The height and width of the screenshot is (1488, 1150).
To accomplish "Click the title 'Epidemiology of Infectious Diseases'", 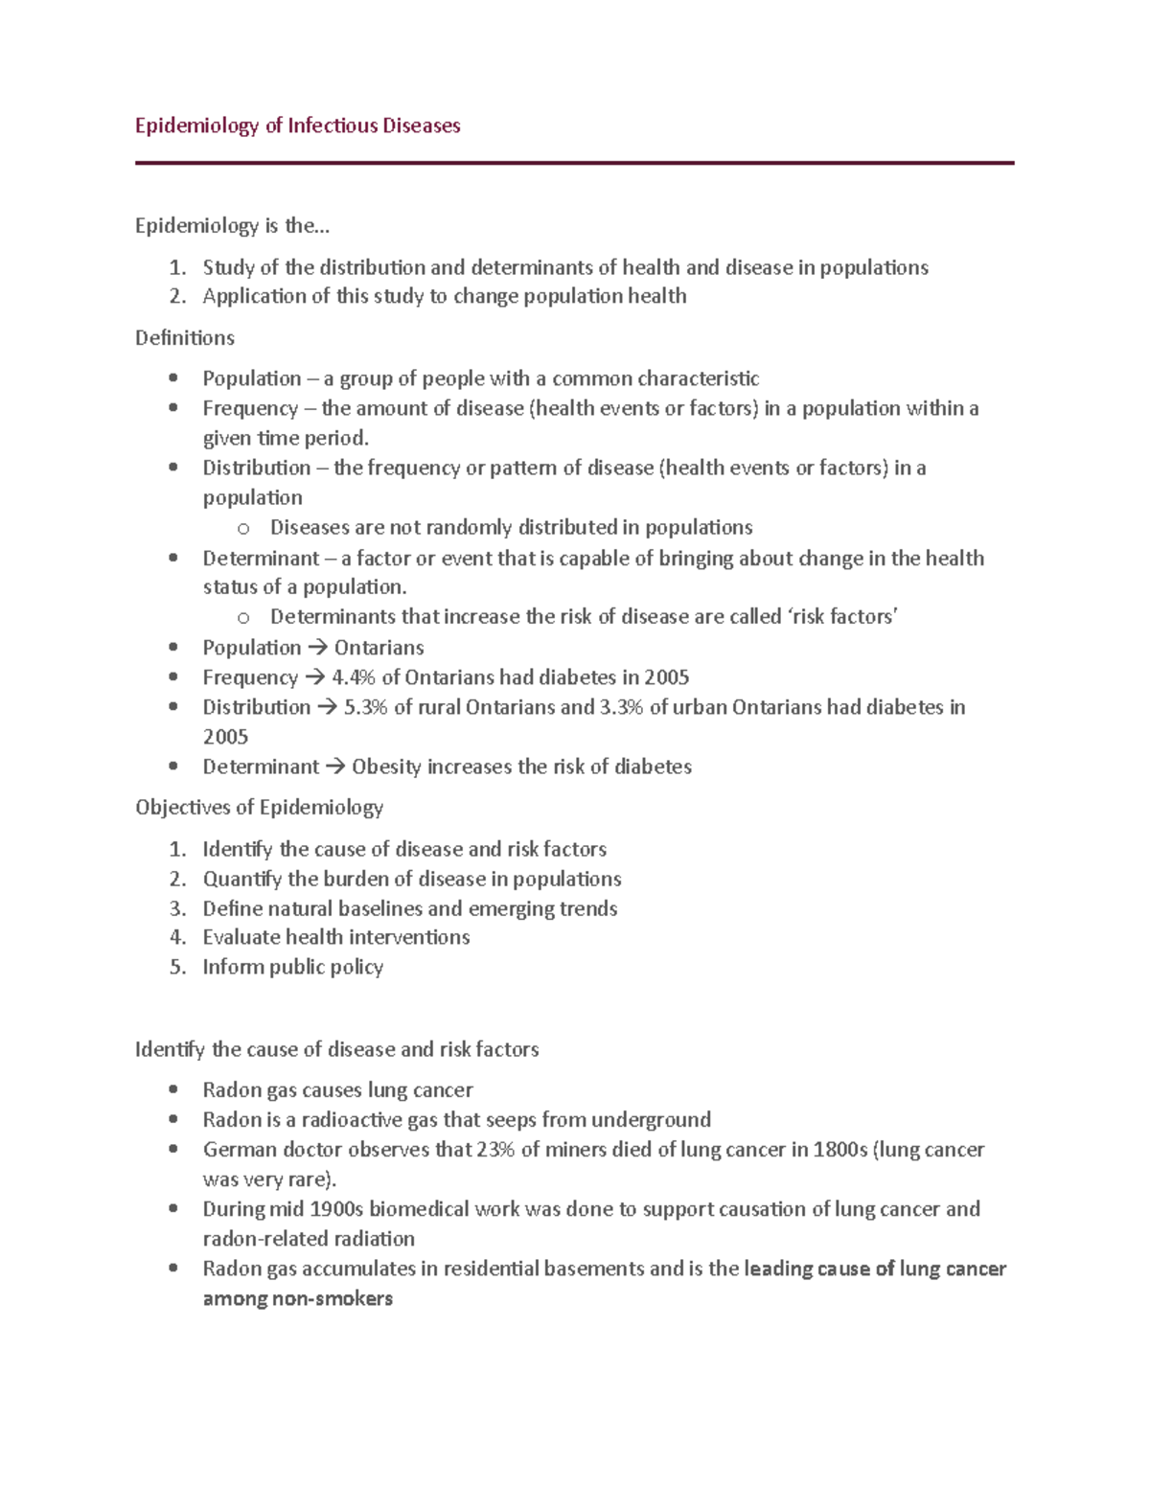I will [297, 126].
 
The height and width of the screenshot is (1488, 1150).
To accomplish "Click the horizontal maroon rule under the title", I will [574, 163].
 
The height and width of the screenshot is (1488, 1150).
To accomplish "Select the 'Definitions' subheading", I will [185, 337].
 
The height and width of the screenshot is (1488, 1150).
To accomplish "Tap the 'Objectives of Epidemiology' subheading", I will [259, 807].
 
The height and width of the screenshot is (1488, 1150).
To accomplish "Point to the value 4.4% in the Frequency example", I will [354, 677].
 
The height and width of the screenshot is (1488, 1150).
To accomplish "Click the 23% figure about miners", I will [495, 1149].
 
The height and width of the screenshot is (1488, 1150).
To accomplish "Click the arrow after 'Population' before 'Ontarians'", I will [317, 648].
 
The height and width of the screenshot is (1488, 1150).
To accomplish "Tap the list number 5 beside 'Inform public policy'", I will [176, 967].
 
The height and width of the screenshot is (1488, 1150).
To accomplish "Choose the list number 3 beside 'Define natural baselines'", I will [176, 908].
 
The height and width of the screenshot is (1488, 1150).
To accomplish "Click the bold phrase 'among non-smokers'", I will [297, 1298].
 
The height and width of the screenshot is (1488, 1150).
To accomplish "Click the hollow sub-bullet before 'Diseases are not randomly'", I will [243, 528].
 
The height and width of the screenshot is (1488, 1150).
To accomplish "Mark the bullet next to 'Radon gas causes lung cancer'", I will [173, 1089].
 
